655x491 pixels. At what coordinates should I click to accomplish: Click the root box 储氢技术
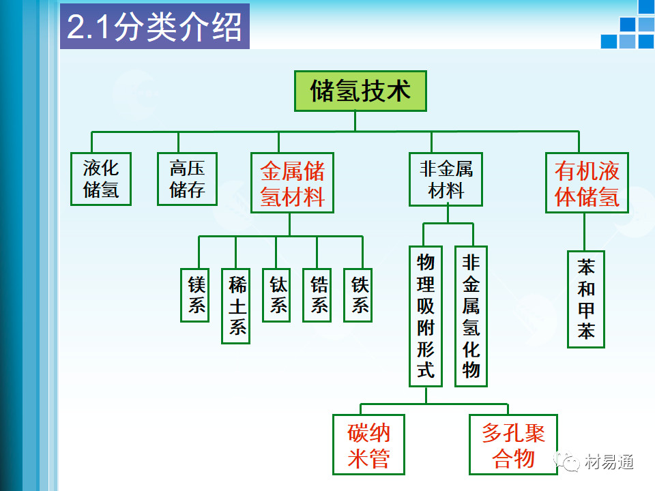pos(360,91)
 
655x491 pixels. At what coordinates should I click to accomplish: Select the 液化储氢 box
pos(101,179)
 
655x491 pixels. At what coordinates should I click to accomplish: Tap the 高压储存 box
pos(187,179)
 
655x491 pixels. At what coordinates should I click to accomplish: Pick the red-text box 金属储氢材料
pos(293,183)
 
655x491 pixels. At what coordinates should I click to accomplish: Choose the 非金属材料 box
pos(446,179)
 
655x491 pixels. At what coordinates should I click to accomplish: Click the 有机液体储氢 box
pos(587,183)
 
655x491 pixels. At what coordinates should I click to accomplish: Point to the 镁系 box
pos(196,295)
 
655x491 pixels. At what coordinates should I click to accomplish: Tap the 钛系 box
pos(278,295)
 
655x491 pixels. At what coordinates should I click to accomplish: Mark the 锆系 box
pos(319,295)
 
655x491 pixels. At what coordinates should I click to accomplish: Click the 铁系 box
pos(360,295)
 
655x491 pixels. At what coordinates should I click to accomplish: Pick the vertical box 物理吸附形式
pos(426,316)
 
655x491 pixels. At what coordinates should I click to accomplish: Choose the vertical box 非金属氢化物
pos(471,316)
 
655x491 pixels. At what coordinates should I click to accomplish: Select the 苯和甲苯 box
pos(586,299)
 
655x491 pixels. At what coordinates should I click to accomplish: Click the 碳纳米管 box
pos(368,445)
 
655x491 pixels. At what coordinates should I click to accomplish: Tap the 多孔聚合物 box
pos(513,445)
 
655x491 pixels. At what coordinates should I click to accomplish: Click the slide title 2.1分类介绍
pos(154,27)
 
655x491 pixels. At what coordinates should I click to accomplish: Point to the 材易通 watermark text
pos(609,462)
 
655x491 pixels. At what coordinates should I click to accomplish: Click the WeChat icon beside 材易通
pos(568,462)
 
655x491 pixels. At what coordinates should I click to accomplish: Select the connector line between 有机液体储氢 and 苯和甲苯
pos(585,231)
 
